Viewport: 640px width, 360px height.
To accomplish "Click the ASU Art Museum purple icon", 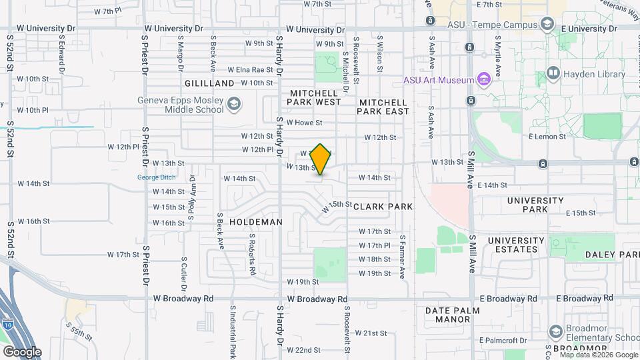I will (484, 81).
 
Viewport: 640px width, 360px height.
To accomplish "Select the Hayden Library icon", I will (553, 72).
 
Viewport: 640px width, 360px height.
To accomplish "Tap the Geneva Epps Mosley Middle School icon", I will (234, 104).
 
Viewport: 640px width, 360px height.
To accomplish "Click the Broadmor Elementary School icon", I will (555, 331).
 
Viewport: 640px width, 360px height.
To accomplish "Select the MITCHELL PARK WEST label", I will (314, 97).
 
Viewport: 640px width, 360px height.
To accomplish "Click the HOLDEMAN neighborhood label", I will (256, 221).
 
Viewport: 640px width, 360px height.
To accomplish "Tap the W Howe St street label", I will (304, 123).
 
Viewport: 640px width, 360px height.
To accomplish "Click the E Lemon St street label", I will (546, 136).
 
